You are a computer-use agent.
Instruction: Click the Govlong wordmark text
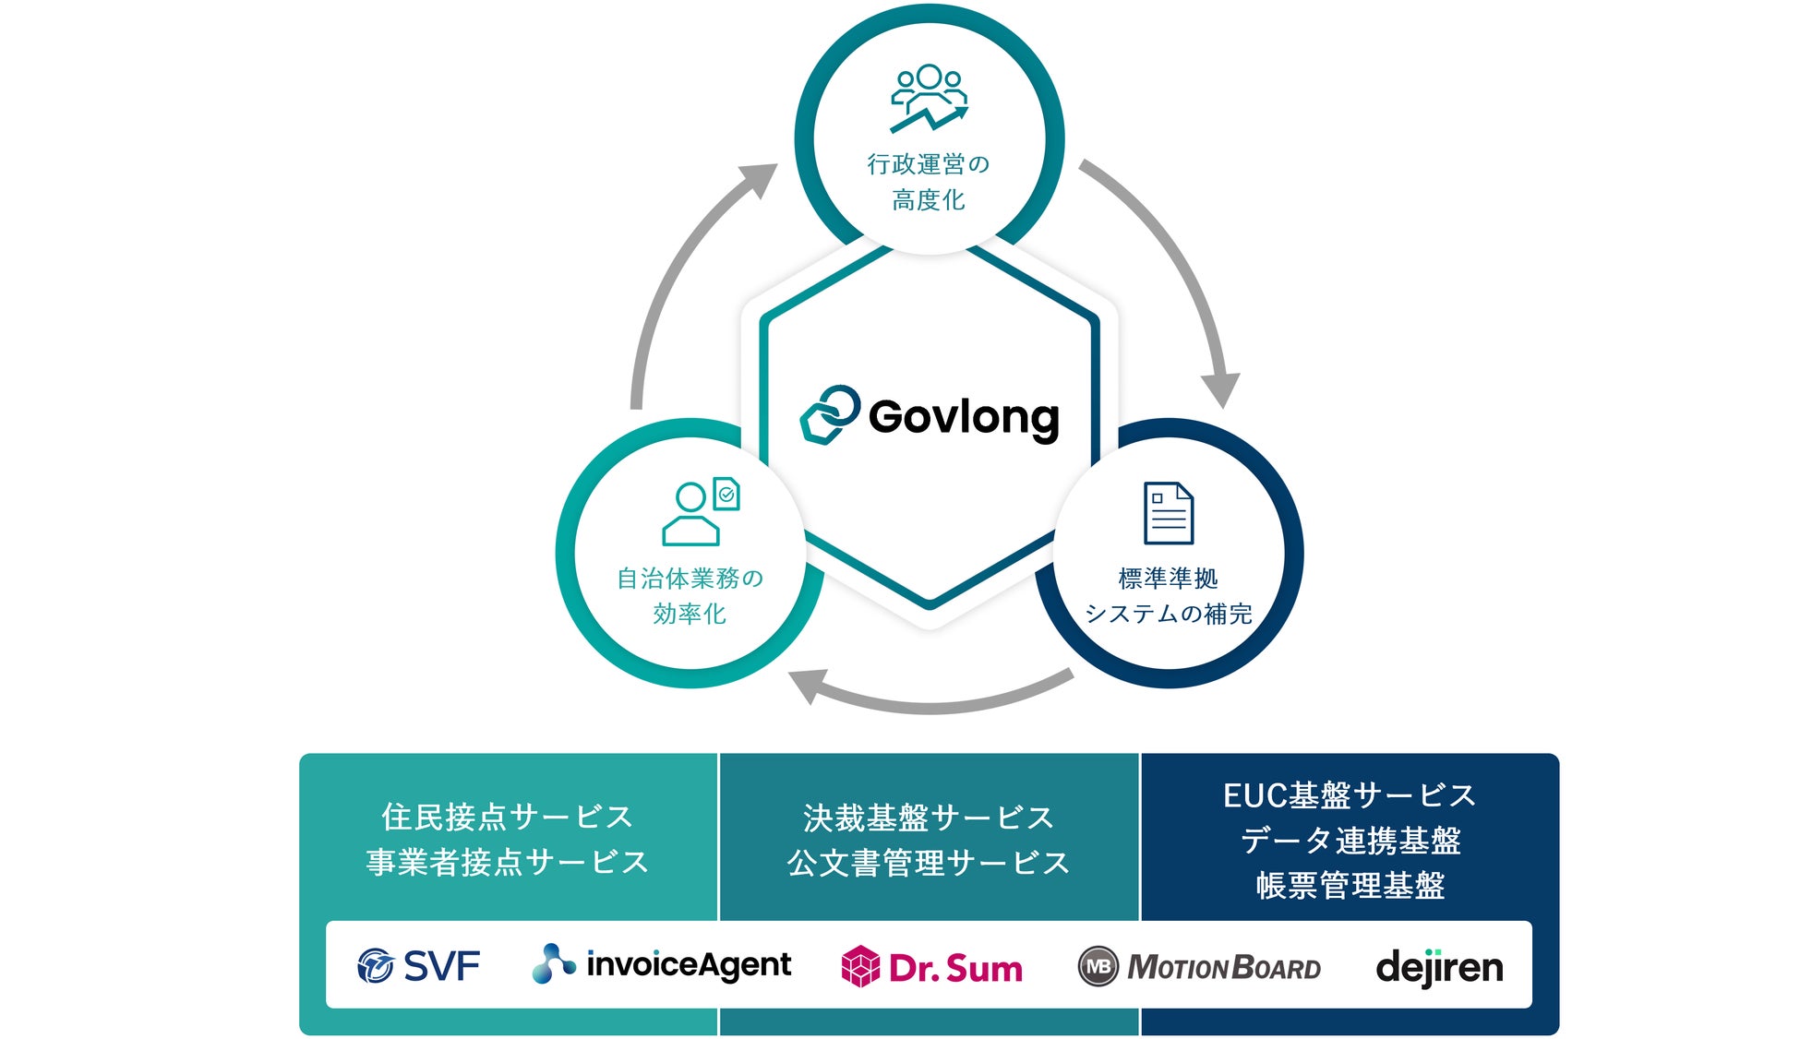964,417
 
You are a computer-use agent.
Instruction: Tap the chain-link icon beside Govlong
829,414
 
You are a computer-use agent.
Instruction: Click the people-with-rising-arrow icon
929,98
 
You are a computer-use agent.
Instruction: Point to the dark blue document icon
1168,513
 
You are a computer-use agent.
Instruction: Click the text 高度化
929,199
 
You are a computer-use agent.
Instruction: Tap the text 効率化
690,614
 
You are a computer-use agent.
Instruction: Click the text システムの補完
1168,614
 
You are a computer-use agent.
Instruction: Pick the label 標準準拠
1168,579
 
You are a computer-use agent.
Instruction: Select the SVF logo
418,966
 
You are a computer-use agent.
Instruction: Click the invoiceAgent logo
662,964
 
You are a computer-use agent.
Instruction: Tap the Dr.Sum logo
932,967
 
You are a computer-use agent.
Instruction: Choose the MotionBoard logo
1199,967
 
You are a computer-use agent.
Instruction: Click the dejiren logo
1439,967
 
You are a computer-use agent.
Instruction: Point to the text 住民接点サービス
508,817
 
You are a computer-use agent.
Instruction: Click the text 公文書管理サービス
929,863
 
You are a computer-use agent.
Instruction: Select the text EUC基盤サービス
1350,795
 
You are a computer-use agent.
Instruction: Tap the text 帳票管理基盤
1350,886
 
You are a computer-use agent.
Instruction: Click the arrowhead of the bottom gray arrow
807,685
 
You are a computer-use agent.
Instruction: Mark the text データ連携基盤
1350,841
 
